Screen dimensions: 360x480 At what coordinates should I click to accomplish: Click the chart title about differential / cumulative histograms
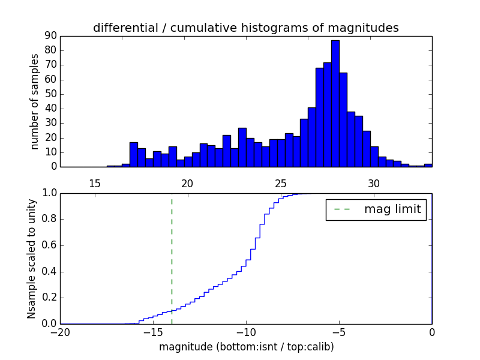[x=246, y=28]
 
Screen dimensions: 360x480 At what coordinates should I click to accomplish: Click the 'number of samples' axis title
[x=35, y=101]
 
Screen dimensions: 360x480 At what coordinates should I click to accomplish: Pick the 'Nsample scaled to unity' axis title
[x=31, y=259]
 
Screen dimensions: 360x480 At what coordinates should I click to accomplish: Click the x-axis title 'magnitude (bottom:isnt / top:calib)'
[x=246, y=347]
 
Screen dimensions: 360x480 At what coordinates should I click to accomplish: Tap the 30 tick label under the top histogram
[x=374, y=183]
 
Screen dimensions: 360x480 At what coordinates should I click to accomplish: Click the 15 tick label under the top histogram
[x=95, y=183]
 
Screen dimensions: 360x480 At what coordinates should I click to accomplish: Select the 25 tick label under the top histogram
[x=281, y=183]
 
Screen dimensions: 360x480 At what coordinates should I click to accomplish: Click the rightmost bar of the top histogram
[x=428, y=165]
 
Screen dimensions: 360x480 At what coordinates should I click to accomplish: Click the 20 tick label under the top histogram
[x=187, y=183]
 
